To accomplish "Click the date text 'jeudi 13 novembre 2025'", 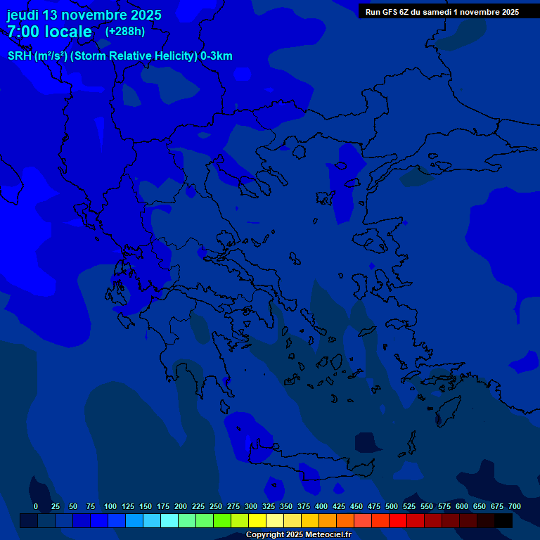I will pos(84,15).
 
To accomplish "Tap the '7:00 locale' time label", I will pos(49,32).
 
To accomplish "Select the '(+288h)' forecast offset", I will pos(125,31).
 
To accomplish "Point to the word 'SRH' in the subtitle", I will pos(19,56).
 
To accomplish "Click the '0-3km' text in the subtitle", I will pos(217,56).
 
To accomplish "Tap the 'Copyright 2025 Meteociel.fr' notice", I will pos(298,535).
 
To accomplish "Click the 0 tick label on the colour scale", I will pos(36,506).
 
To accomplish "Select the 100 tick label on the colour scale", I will pos(110,506).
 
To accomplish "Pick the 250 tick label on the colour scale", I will pos(216,506).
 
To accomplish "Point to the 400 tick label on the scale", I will pos(321,506).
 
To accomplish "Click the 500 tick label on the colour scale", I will pos(392,506).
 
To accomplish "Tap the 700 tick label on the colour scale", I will pos(515,506).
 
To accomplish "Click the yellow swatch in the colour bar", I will pos(257,521).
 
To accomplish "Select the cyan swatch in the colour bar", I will pos(169,521).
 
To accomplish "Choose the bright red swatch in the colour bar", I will pos(398,521).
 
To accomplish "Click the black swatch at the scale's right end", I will pos(503,521).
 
